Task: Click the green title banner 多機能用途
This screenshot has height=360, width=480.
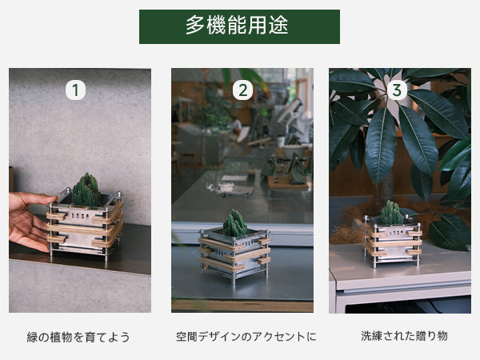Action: pyautogui.click(x=239, y=26)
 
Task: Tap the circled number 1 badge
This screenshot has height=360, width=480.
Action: pyautogui.click(x=75, y=90)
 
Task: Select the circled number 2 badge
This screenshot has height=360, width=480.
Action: pyautogui.click(x=242, y=90)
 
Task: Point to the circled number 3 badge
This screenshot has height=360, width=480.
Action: pyautogui.click(x=397, y=90)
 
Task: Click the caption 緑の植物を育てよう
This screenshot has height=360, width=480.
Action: pyautogui.click(x=78, y=337)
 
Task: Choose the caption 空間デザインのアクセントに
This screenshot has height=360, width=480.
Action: pyautogui.click(x=246, y=337)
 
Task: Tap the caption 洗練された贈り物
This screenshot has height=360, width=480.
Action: pyautogui.click(x=404, y=336)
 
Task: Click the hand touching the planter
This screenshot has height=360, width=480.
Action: pyautogui.click(x=30, y=221)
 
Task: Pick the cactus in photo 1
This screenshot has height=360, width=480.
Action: pyautogui.click(x=86, y=190)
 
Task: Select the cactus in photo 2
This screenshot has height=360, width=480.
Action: pyautogui.click(x=234, y=223)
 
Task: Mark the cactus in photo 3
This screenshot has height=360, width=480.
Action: pyautogui.click(x=391, y=213)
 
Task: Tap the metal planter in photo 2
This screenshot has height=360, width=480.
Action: pyautogui.click(x=234, y=256)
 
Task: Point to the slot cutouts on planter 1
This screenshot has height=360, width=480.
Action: pyautogui.click(x=80, y=217)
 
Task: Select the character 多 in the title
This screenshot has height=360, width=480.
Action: pyautogui.click(x=195, y=25)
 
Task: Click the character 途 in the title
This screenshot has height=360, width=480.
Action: pyautogui.click(x=279, y=25)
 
